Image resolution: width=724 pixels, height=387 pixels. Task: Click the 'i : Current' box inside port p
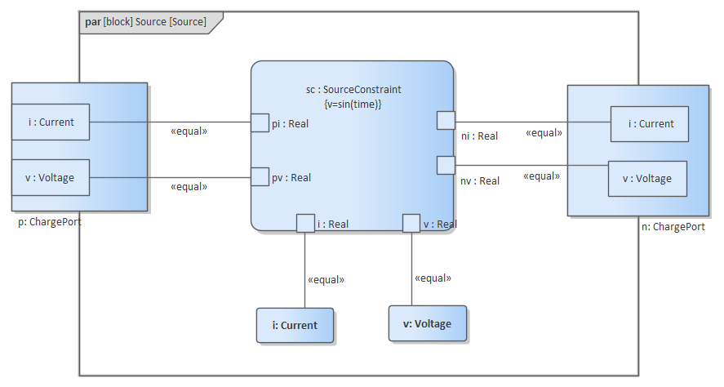point(51,122)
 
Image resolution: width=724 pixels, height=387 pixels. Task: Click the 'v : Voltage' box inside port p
point(51,177)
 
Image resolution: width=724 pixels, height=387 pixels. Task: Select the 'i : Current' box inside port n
point(650,124)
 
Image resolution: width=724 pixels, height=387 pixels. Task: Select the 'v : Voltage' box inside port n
point(647,179)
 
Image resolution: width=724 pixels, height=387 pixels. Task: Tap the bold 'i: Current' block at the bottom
point(295,325)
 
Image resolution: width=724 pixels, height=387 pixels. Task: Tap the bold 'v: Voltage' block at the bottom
point(428,323)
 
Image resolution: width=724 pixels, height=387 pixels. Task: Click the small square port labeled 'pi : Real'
point(260,122)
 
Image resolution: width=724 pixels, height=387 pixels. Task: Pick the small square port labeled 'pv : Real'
point(260,176)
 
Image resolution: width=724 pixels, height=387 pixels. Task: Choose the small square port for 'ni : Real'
point(446,120)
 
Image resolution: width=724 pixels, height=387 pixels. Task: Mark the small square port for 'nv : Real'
point(446,165)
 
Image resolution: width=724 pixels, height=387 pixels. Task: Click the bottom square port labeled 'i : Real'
point(305,223)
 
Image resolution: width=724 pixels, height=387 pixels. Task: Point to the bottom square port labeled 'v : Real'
point(411,223)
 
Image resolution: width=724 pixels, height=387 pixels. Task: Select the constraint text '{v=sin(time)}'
point(353,105)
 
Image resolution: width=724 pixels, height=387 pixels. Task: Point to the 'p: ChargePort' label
point(50,221)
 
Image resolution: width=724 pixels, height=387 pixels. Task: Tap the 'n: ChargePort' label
point(673,227)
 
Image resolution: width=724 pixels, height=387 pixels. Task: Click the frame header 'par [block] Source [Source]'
point(145,22)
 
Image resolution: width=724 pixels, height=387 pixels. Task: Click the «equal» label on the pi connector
point(189,131)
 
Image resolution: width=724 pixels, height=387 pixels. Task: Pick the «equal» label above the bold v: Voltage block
point(433,278)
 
